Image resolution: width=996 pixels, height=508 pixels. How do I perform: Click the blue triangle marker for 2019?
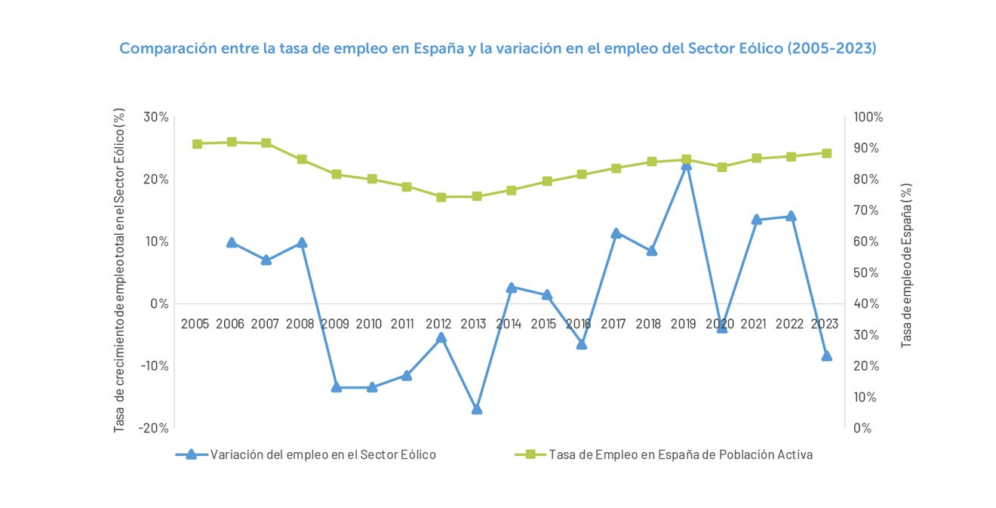[x=686, y=165]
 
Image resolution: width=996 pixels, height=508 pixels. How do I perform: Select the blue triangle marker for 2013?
[x=477, y=409]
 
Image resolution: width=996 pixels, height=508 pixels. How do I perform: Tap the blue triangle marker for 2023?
[x=826, y=356]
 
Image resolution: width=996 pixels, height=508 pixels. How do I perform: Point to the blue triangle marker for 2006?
[x=232, y=242]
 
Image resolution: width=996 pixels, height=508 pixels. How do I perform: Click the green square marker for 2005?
[x=197, y=143]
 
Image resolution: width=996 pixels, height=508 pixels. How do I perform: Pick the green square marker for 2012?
[x=441, y=197]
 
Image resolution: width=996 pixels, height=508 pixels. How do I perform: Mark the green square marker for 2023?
[x=826, y=153]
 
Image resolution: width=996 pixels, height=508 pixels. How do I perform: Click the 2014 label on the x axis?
[x=509, y=324]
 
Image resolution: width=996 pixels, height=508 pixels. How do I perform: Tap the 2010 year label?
[x=369, y=324]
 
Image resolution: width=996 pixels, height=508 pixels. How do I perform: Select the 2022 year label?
[x=789, y=324]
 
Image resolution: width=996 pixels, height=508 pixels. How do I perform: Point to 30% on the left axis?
[x=156, y=117]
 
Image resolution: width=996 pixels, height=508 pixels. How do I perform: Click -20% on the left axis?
[x=154, y=427]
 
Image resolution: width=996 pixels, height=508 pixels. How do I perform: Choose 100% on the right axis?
[x=868, y=117]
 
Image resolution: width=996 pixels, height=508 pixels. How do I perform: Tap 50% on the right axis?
[x=865, y=272]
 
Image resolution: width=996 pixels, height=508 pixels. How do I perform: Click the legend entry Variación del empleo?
[x=323, y=454]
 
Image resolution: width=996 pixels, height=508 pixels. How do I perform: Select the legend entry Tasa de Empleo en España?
[x=680, y=454]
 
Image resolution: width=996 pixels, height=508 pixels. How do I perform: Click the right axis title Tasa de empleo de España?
[x=907, y=265]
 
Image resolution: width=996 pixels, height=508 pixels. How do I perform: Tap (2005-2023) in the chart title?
[x=832, y=48]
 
